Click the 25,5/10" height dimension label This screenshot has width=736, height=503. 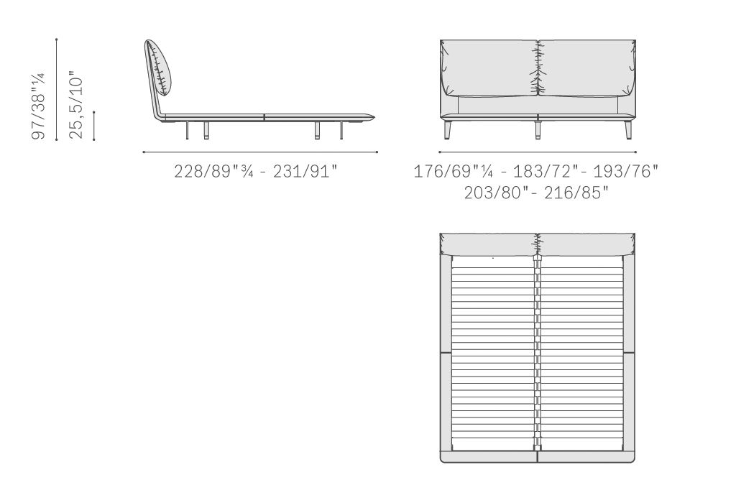click(x=76, y=105)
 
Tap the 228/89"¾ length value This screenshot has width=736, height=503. click(x=214, y=171)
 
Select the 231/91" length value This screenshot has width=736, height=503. click(x=305, y=171)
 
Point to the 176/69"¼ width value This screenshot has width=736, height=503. click(x=454, y=171)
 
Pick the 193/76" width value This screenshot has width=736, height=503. click(x=626, y=171)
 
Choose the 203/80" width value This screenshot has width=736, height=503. click(x=494, y=193)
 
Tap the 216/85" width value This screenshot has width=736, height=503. click(x=576, y=193)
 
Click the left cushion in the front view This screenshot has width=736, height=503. click(x=489, y=69)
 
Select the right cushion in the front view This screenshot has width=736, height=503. click(x=586, y=69)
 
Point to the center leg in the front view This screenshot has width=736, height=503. click(x=538, y=128)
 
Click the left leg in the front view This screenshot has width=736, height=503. click(x=446, y=129)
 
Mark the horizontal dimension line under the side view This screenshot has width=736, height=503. click(x=260, y=152)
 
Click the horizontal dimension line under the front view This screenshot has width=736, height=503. click(x=538, y=152)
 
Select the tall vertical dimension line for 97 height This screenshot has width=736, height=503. click(x=56, y=89)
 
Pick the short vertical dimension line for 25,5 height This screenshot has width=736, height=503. click(x=94, y=126)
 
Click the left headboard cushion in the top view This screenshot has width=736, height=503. click(x=488, y=244)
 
